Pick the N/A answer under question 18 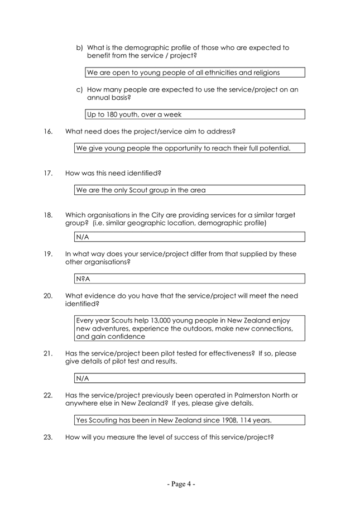[83, 237]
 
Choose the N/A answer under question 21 [83, 378]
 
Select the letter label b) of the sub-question [80, 47]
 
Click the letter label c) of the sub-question [80, 89]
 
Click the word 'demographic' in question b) [139, 47]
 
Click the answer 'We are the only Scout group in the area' [141, 190]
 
